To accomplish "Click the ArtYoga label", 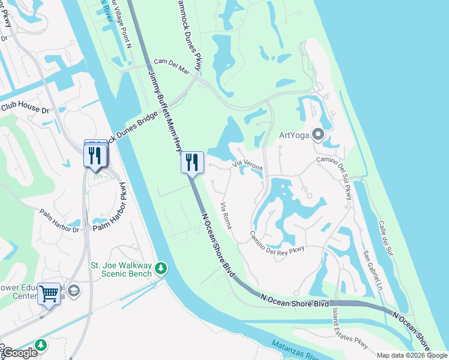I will (294, 134).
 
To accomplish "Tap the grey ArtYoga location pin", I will (318, 134).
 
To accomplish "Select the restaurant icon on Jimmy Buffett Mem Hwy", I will (192, 162).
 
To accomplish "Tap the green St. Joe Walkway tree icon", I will (161, 268).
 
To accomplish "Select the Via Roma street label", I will (226, 215).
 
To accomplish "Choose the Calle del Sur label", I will (386, 239).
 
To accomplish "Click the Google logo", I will (19, 353).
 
